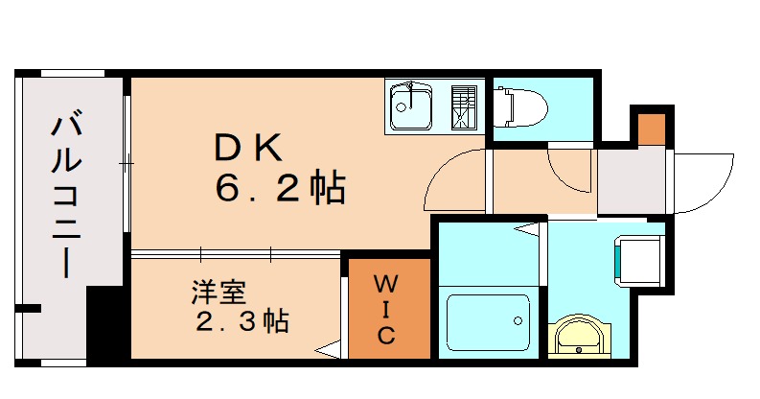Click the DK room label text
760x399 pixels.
click(x=246, y=148)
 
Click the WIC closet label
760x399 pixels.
click(x=385, y=309)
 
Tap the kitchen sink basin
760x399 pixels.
click(x=411, y=105)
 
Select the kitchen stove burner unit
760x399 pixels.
click(x=464, y=106)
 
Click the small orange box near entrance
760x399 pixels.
click(x=652, y=127)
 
